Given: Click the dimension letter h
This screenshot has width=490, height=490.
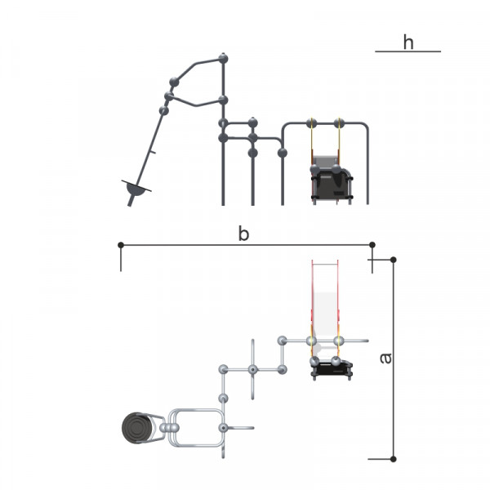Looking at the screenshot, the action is (x=408, y=42).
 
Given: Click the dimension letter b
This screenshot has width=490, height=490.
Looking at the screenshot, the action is (x=243, y=234).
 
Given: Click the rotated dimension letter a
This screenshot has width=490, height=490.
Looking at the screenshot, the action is (x=386, y=359).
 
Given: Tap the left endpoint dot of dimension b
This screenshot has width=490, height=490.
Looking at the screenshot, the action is (x=121, y=245).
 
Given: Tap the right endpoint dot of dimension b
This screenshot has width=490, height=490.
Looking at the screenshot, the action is (x=372, y=245).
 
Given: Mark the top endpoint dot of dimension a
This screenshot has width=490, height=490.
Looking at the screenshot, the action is (x=394, y=260).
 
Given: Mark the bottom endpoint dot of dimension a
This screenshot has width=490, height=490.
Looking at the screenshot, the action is (x=394, y=459).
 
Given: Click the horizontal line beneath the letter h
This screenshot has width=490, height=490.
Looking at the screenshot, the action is (x=408, y=51).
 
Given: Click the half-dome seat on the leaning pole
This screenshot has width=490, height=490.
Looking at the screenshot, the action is (x=136, y=189).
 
